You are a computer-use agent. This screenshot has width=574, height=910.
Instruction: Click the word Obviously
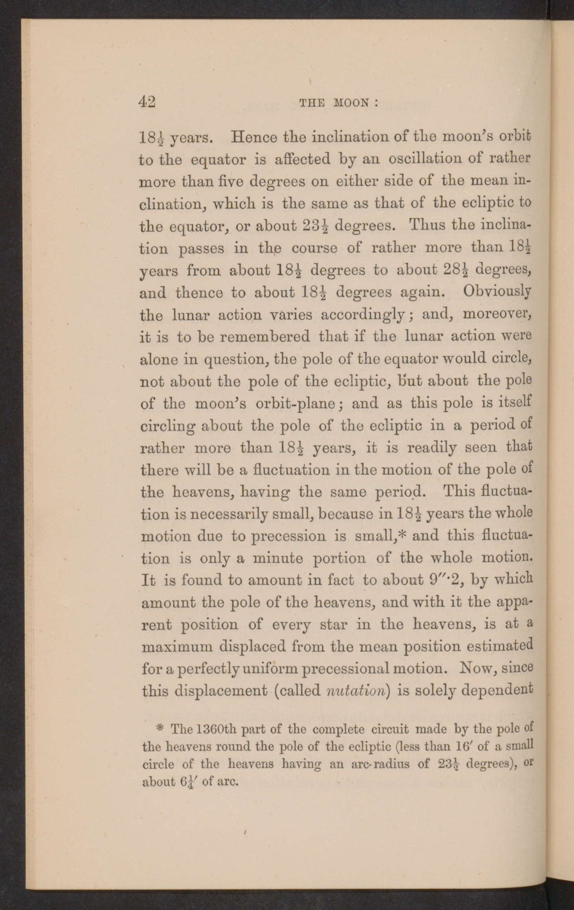497,292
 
